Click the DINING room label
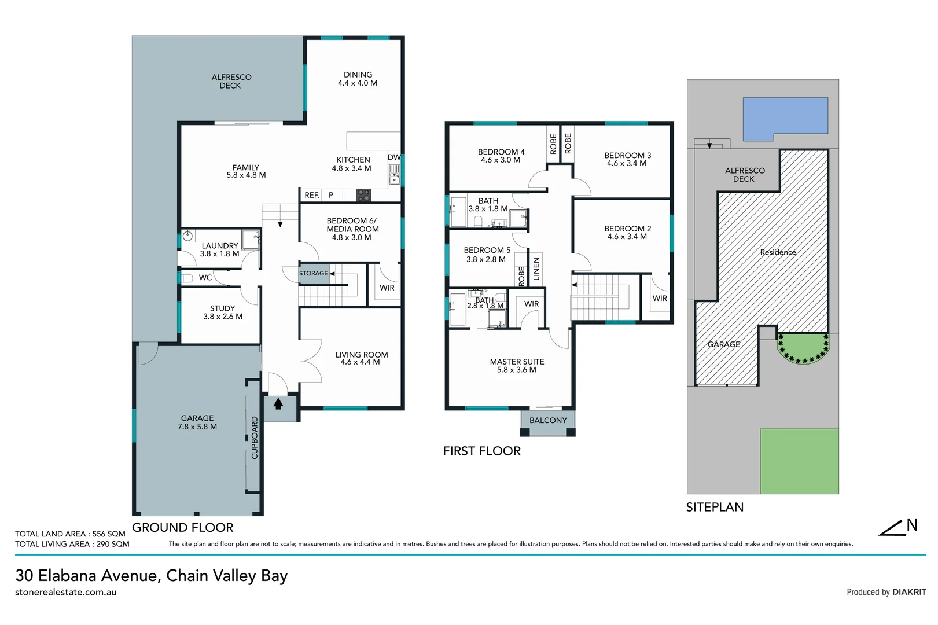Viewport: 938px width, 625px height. (358, 75)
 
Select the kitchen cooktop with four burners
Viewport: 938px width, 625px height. (363, 195)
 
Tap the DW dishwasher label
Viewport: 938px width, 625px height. (394, 157)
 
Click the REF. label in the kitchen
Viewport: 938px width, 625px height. (312, 196)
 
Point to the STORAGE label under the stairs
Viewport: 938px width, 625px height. (314, 273)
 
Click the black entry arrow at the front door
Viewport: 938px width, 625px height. (278, 403)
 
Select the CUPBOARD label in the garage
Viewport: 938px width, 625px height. (255, 438)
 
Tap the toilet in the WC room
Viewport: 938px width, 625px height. (187, 278)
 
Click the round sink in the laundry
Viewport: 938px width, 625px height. (187, 236)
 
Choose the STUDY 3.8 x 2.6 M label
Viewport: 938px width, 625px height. (223, 312)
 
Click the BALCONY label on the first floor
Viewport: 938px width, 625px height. (548, 421)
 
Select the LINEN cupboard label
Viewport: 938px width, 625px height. (536, 269)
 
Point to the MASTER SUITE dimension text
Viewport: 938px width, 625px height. (517, 370)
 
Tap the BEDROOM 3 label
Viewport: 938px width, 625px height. (628, 156)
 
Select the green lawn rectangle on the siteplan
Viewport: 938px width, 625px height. (799, 461)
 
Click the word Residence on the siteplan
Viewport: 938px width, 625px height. (778, 252)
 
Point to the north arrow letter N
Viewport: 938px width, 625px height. (912, 525)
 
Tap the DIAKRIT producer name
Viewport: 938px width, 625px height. (909, 592)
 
